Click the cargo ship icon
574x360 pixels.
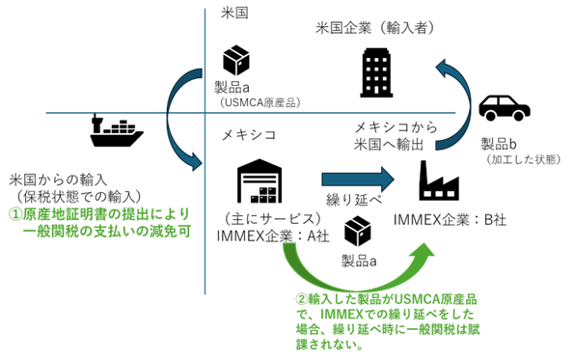117,130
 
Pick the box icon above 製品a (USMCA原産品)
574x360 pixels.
237,62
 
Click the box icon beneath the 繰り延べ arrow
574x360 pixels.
359,231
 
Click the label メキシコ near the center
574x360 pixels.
250,134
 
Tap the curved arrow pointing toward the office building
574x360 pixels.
449,97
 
